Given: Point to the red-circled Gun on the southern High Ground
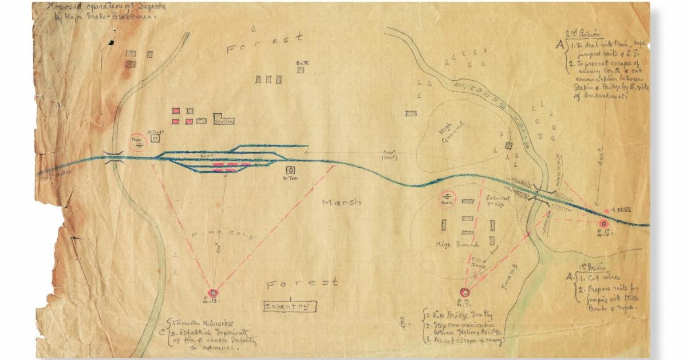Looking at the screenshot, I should [447, 199].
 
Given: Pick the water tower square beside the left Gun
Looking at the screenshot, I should [156, 137].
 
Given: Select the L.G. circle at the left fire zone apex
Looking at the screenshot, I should [214, 293].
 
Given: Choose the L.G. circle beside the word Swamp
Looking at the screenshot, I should [465, 290].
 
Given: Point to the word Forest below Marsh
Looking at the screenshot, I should [302, 282].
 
